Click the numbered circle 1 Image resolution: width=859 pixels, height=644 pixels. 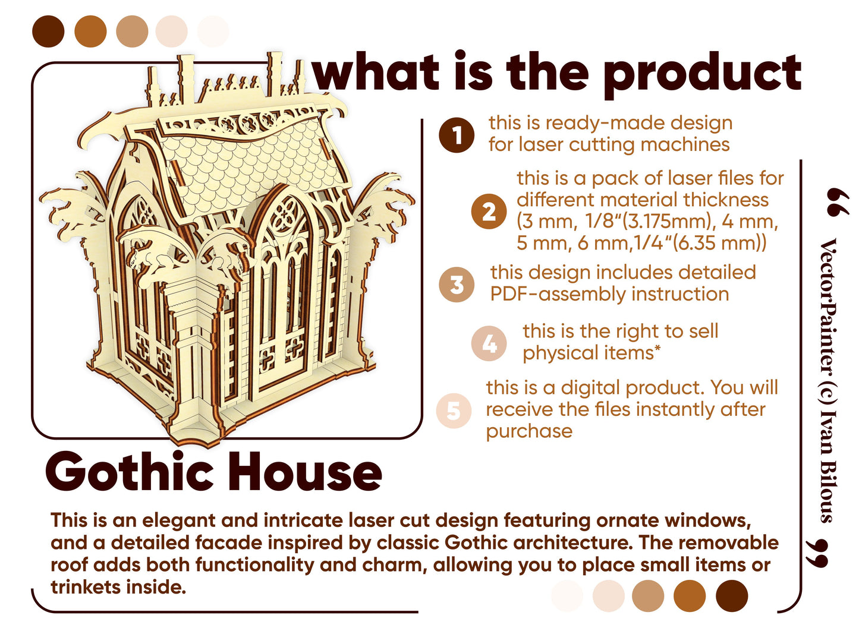click(457, 135)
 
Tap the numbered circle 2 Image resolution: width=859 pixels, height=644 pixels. click(489, 211)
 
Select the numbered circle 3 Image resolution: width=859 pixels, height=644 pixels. click(457, 284)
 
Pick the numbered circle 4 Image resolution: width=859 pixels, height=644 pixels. click(489, 343)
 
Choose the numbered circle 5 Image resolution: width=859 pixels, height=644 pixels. click(454, 411)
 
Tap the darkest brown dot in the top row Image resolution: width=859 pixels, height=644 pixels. click(48, 31)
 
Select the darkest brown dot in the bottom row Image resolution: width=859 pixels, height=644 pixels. click(731, 595)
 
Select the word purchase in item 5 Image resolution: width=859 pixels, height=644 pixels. click(529, 431)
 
